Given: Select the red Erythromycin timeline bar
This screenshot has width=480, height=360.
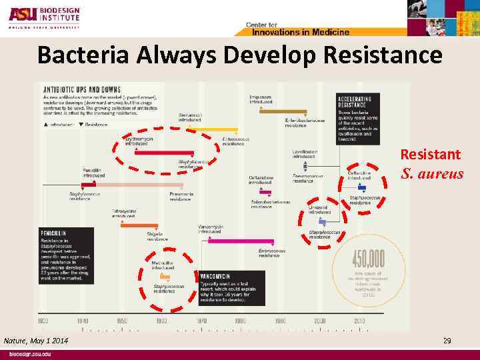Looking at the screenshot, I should click(x=163, y=153).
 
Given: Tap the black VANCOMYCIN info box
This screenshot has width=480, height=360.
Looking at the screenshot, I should click(x=231, y=287).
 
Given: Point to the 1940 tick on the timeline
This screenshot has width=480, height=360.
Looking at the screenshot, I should click(x=83, y=321).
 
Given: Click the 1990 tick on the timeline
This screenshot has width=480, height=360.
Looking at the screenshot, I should click(x=280, y=321).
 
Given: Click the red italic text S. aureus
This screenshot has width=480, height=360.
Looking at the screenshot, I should click(x=432, y=174).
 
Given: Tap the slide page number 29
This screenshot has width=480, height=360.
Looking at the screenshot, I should click(x=447, y=341).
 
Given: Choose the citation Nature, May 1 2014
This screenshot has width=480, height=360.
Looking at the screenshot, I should click(x=36, y=341).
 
